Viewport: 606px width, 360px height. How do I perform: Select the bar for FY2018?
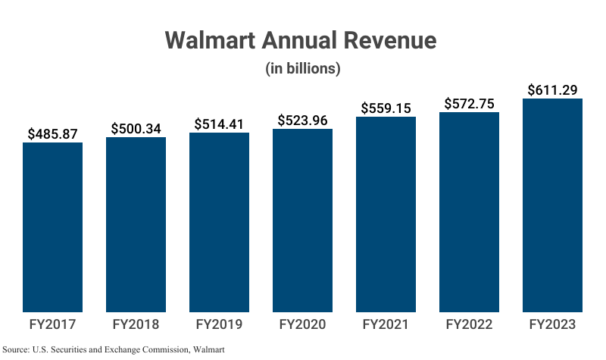(136, 224)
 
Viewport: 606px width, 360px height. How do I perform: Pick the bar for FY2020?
(302, 220)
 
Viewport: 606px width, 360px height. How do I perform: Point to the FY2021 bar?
(386, 214)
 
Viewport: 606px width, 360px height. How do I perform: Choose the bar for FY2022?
(469, 211)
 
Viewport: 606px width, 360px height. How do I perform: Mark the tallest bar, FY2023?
(552, 205)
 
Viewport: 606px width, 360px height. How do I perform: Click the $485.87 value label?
(52, 133)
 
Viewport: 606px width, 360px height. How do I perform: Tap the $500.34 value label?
(136, 128)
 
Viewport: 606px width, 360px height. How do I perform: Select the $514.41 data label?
(219, 124)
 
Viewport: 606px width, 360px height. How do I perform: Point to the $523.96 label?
(302, 120)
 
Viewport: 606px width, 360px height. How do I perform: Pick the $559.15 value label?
(386, 108)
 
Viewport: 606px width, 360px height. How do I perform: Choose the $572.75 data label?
(469, 103)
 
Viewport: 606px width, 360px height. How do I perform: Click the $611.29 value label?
(552, 90)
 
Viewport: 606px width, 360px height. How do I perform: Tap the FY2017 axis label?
(52, 324)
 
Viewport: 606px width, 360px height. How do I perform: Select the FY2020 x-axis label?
(302, 324)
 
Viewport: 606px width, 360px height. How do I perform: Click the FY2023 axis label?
(552, 324)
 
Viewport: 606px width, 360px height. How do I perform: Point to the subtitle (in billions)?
(302, 68)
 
